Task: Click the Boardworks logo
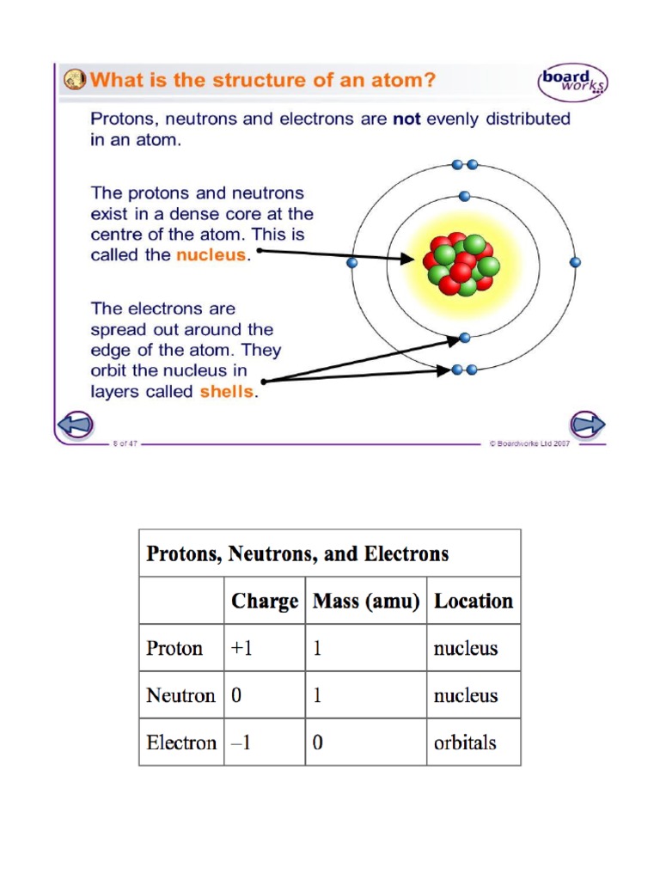[x=573, y=82]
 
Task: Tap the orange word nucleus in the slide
[x=211, y=255]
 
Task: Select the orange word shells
[x=227, y=392]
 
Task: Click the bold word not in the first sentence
[x=406, y=119]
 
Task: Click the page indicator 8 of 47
[x=125, y=443]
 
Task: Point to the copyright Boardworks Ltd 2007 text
[x=530, y=443]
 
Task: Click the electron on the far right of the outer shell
[x=575, y=262]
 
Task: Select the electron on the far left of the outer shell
[x=351, y=263]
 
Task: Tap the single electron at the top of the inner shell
[x=464, y=196]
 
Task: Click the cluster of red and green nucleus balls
[x=462, y=263]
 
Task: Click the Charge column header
[x=265, y=601]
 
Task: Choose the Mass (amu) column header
[x=366, y=601]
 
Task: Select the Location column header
[x=474, y=601]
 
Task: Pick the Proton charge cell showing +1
[x=241, y=648]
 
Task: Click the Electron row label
[x=181, y=742]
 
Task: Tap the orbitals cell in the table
[x=465, y=742]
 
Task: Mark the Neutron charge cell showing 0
[x=236, y=695]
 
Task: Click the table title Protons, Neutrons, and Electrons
[x=297, y=553]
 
